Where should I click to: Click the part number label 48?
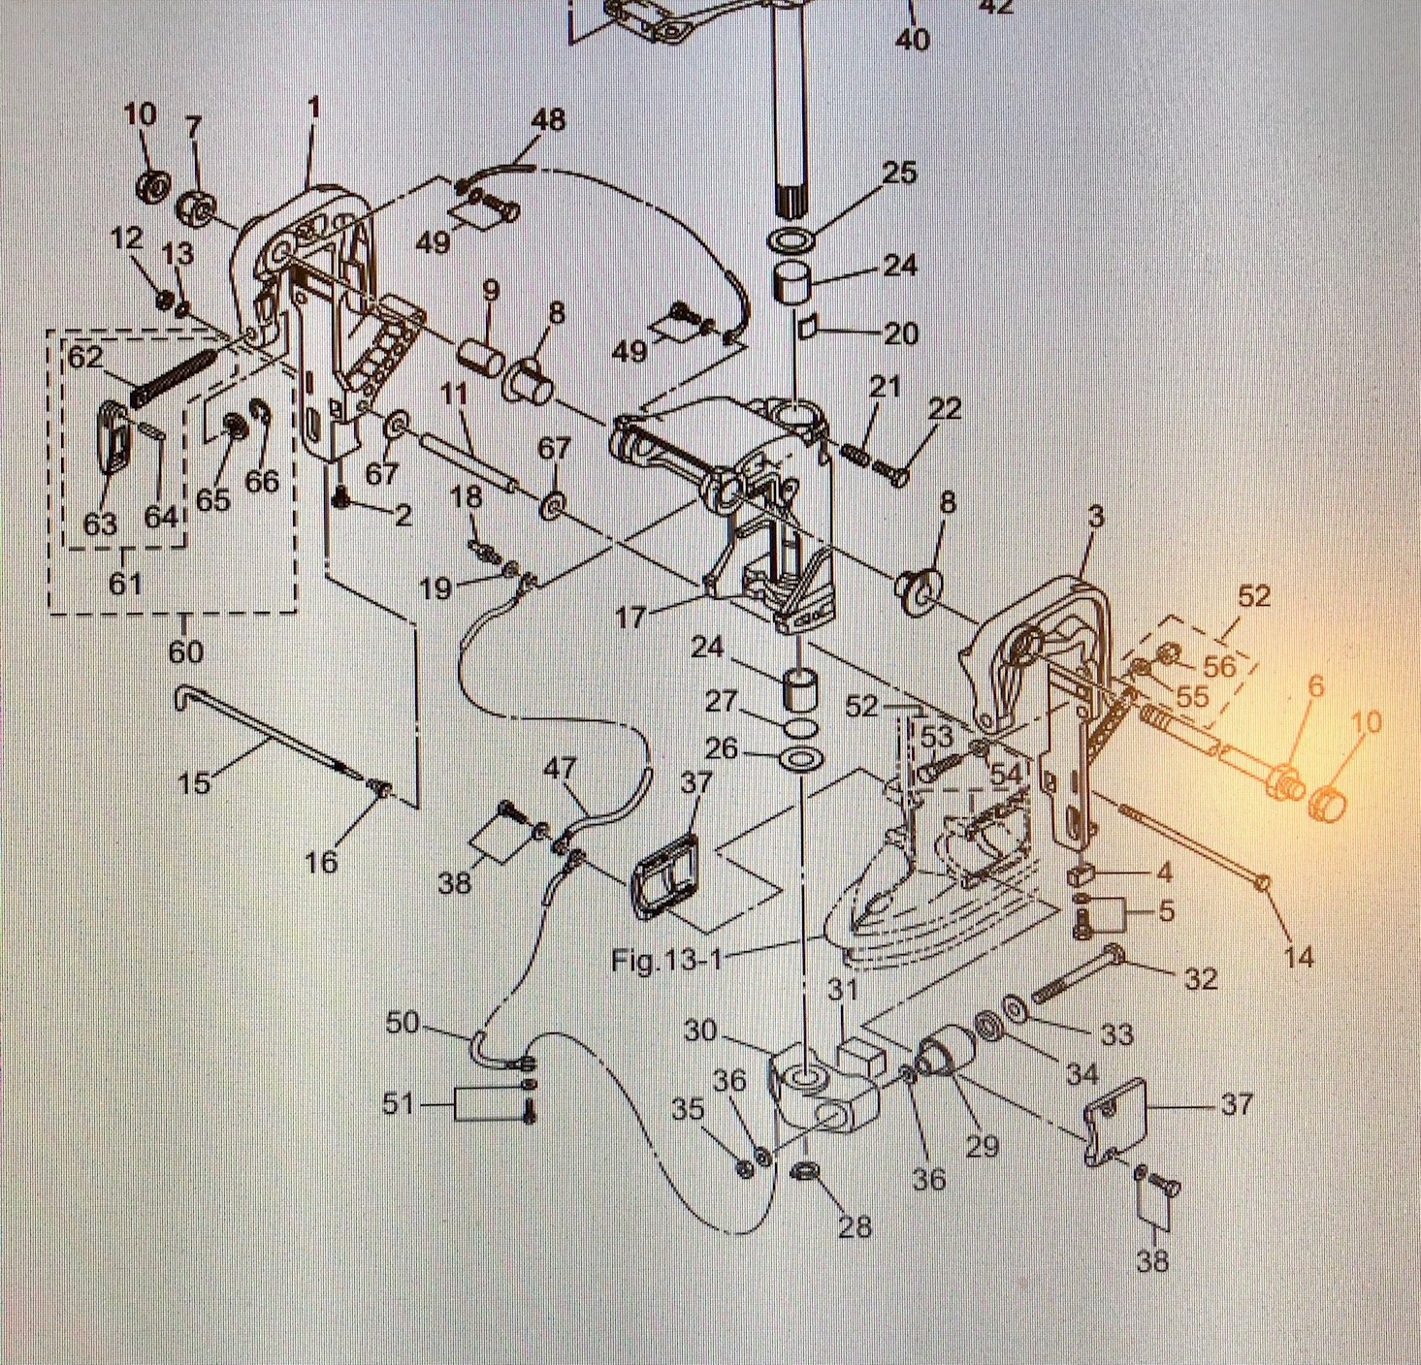click(x=548, y=121)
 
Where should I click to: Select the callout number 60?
click(x=185, y=651)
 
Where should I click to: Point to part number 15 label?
click(x=194, y=781)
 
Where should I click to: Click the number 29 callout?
click(x=982, y=1145)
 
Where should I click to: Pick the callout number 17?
click(x=630, y=617)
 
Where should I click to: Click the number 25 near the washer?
click(x=899, y=173)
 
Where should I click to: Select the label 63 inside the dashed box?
click(x=100, y=524)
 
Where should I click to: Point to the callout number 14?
click(x=1298, y=957)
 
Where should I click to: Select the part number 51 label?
click(x=399, y=1103)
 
